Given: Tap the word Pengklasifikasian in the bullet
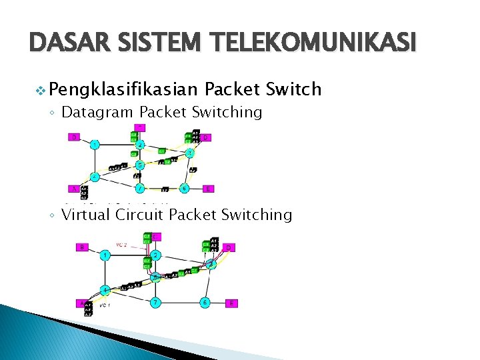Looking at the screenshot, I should click(123, 89).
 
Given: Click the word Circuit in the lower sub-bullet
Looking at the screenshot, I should click(140, 215).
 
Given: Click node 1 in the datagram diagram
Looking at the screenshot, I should click(96, 145).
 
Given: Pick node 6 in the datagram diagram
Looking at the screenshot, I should click(184, 189).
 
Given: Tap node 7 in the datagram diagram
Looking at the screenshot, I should click(139, 189).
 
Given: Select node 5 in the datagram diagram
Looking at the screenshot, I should click(139, 165).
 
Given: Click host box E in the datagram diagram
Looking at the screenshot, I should click(209, 189).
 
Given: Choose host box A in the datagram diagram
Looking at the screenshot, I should click(74, 189).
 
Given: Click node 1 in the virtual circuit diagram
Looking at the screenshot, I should click(105, 255).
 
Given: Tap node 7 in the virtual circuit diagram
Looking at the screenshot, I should click(155, 303).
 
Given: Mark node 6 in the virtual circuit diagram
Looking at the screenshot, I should click(206, 303).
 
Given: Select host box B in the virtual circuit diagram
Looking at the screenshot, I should click(82, 247).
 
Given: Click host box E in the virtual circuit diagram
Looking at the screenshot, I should click(231, 303).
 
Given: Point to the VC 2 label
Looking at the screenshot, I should click(123, 245).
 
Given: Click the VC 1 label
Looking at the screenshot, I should click(105, 305).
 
